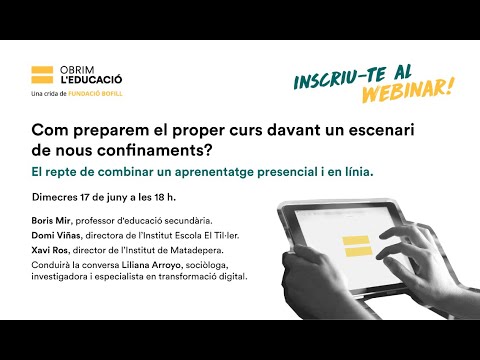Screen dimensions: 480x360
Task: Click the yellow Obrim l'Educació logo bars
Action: (42, 75)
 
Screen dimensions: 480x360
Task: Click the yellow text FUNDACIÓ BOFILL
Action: (95, 94)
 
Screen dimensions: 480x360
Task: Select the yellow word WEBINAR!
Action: (408, 91)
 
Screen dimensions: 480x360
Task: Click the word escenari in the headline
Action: (381, 130)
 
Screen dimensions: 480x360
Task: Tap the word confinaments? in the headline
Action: (155, 150)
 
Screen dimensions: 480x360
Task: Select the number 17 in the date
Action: (85, 197)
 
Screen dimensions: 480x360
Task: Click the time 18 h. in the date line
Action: (165, 197)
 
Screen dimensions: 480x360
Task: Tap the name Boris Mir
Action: (51, 221)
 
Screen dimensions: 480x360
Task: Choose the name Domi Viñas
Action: (56, 235)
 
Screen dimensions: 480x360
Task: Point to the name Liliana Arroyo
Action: (151, 265)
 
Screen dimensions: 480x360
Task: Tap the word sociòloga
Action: (207, 265)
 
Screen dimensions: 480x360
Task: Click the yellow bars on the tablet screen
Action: (357, 246)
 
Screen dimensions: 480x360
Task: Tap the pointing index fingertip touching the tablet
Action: (380, 256)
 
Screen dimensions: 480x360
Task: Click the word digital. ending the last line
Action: (233, 277)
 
